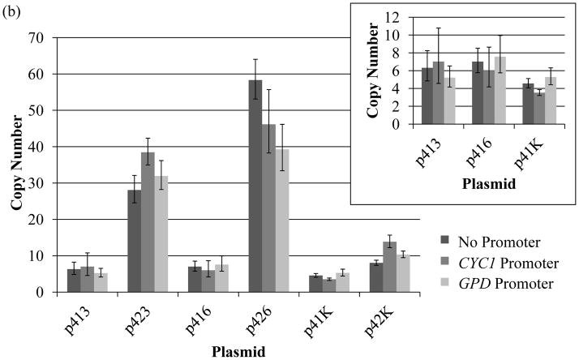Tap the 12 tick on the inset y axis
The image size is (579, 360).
pyautogui.click(x=392, y=17)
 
